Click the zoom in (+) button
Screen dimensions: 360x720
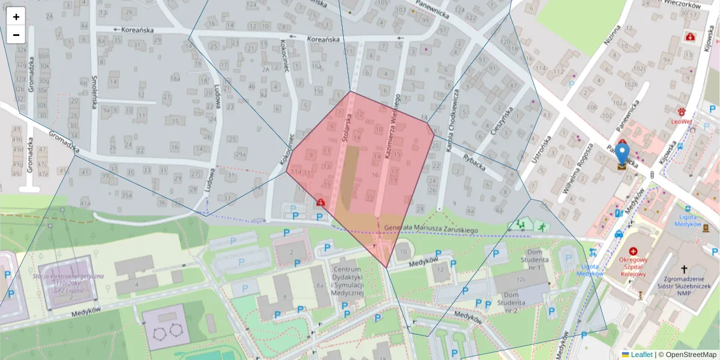[x=16, y=17]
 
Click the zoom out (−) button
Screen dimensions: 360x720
[x=16, y=35]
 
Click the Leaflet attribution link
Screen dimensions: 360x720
[x=641, y=355]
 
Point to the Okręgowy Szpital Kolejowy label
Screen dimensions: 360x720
[x=632, y=268]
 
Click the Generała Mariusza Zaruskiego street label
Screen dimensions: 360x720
[x=430, y=229]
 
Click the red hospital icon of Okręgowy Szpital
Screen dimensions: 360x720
[x=632, y=252]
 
